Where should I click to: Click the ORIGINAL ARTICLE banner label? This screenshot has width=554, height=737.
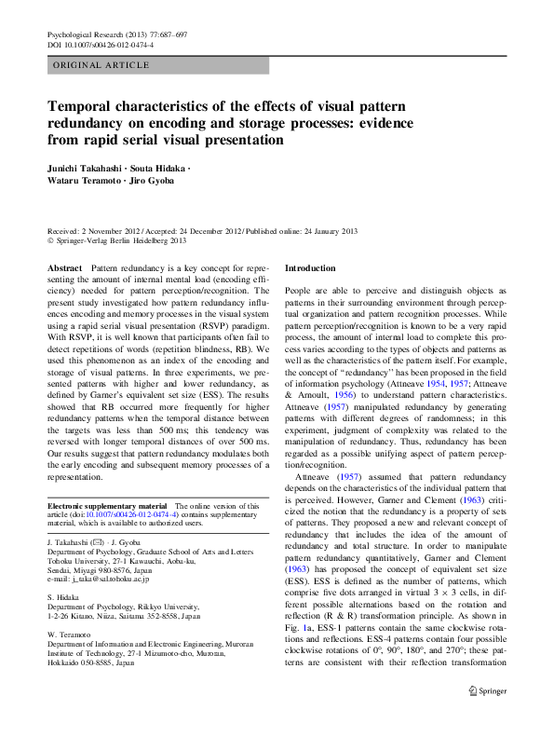[x=101, y=65]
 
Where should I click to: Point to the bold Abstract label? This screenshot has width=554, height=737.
[x=64, y=267]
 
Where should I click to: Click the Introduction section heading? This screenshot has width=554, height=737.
[x=310, y=267]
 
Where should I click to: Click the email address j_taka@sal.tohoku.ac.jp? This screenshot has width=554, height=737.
[x=99, y=579]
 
